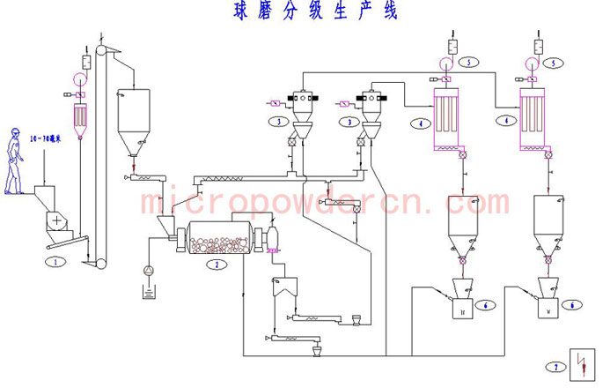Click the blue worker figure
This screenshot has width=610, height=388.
13,160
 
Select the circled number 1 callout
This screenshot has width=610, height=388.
56,261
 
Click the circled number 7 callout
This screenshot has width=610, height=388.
555,366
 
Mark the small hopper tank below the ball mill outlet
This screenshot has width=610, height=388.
284,287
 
